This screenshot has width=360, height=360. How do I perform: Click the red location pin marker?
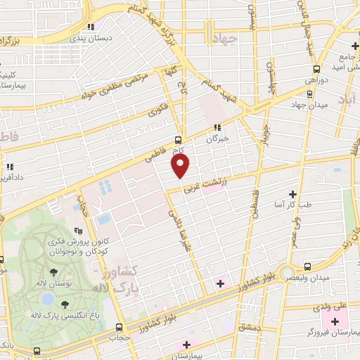point(181,165)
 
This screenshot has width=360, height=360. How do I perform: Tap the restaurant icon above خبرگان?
point(217,127)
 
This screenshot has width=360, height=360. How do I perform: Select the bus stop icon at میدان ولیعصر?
point(307,266)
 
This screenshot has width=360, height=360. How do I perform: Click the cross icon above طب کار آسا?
point(293,194)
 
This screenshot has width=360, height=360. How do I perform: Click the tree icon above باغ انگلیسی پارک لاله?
point(65,304)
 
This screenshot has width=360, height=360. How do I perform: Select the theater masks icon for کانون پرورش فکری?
point(79,229)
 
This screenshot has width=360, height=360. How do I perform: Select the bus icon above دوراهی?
point(316,69)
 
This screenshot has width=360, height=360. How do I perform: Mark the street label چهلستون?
point(271,70)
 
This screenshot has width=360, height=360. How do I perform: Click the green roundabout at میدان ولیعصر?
point(285,273)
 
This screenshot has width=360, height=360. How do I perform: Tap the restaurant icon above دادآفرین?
point(10,167)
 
